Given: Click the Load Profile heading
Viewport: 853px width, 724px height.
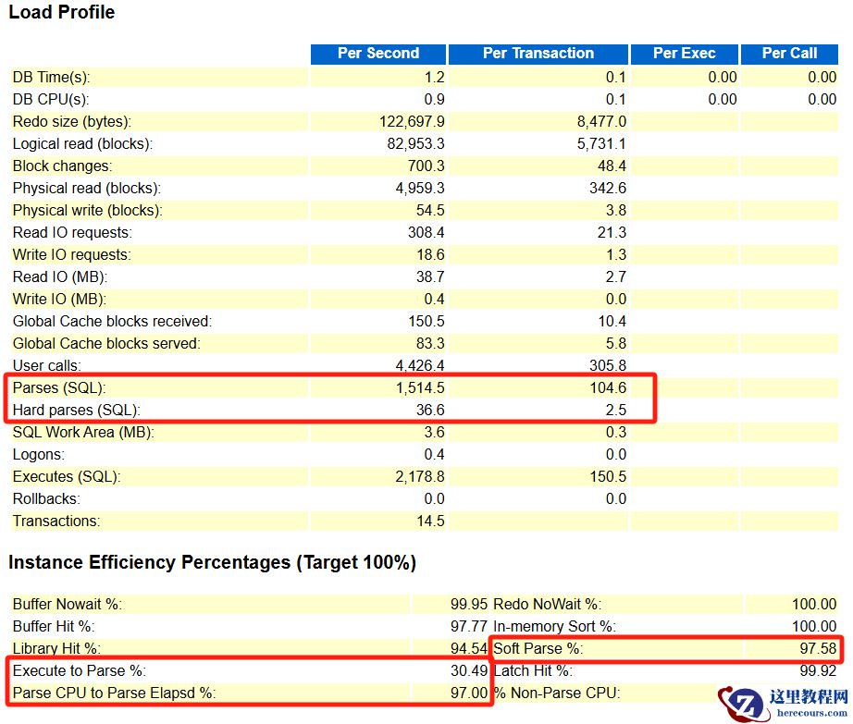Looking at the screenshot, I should click(62, 13).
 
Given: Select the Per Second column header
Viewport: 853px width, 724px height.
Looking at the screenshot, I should click(377, 54).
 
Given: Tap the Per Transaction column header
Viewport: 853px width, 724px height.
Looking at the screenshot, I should click(538, 54).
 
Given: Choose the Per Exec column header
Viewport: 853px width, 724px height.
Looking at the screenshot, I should click(684, 54).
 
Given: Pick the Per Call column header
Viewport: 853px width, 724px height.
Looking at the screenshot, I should click(789, 54).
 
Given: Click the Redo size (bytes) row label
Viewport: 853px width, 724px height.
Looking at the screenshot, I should click(72, 122).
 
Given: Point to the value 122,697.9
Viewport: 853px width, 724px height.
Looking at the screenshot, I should click(412, 122).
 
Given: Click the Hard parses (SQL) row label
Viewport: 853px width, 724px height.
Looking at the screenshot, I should click(77, 411).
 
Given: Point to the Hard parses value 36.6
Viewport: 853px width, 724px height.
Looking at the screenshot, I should click(430, 411).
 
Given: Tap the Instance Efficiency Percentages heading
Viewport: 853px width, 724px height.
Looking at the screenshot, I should click(212, 563).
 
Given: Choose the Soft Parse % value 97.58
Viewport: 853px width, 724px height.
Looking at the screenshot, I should click(818, 649).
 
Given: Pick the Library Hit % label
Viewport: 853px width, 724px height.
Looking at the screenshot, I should click(56, 649).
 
